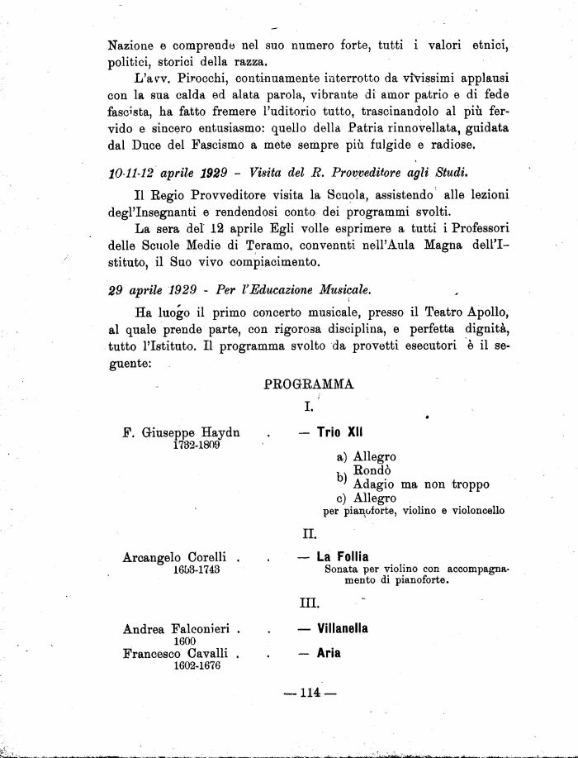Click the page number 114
[x=310, y=693]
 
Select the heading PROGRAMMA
[x=309, y=384]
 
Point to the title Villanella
[x=343, y=628]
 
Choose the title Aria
[x=329, y=653]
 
